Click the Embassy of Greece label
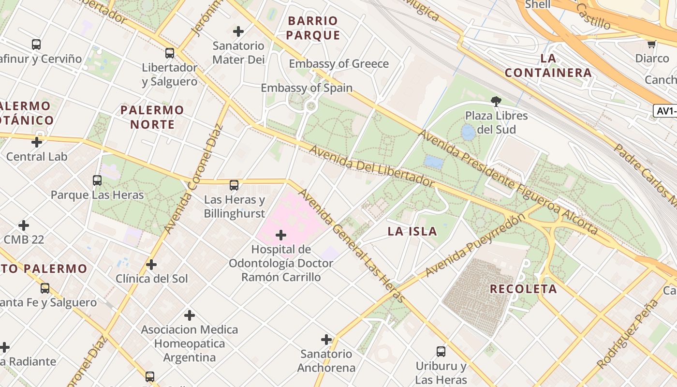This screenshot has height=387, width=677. (x=338, y=64)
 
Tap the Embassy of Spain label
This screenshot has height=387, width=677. (x=307, y=88)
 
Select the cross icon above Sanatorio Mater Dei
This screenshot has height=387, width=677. (x=238, y=31)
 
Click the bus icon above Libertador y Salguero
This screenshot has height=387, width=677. (x=170, y=53)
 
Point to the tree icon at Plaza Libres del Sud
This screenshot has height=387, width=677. (x=496, y=101)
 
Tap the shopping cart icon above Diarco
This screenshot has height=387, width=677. (x=651, y=44)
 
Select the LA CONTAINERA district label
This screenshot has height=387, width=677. (x=548, y=66)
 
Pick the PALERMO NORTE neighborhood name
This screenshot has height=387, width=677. (x=152, y=117)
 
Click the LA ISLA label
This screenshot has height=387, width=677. (x=412, y=231)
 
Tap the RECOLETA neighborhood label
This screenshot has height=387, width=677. (x=523, y=289)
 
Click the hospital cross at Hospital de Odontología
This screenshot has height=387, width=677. (x=280, y=235)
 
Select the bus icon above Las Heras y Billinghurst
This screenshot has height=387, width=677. (x=234, y=185)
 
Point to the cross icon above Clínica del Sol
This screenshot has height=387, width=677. (x=151, y=265)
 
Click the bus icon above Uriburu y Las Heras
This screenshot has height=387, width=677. (x=441, y=351)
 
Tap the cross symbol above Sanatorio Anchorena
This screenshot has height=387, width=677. (x=326, y=340)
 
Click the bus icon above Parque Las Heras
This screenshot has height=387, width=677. (x=97, y=180)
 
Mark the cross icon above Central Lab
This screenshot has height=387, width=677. (x=37, y=142)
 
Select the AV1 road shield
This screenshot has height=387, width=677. (x=666, y=111)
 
